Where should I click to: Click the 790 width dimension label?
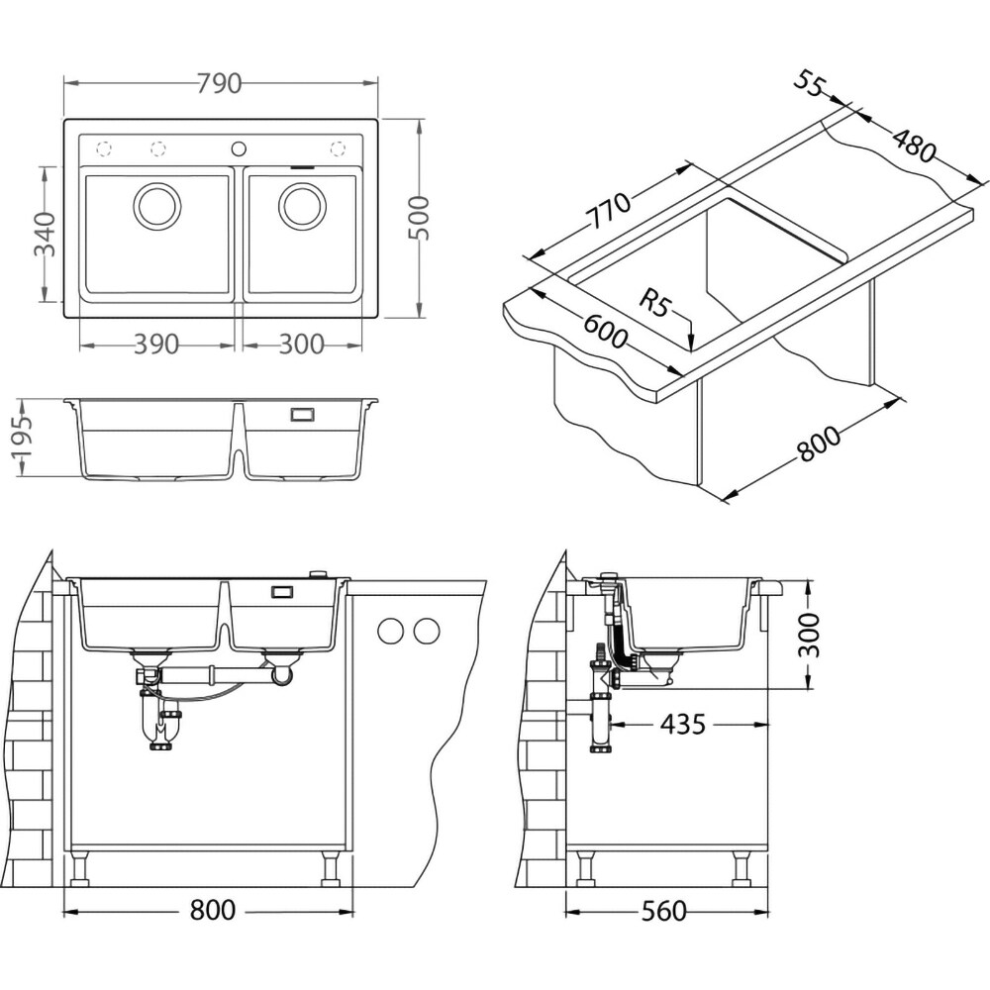(219, 83)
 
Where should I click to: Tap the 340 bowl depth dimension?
(45, 234)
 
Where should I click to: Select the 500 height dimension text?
(418, 218)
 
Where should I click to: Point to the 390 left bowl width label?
(156, 345)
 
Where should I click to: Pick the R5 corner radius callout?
(654, 302)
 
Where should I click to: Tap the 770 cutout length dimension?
(609, 210)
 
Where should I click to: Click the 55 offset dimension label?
(810, 84)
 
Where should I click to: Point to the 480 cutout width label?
(914, 146)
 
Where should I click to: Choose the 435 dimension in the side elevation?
(682, 725)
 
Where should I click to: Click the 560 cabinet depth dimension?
(663, 911)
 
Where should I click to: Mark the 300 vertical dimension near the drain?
(809, 635)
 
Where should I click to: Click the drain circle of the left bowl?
(157, 206)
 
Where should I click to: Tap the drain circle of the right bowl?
(302, 206)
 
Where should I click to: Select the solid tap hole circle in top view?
(239, 149)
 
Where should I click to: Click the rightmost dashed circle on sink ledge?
(338, 149)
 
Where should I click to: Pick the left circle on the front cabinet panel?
(390, 631)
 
